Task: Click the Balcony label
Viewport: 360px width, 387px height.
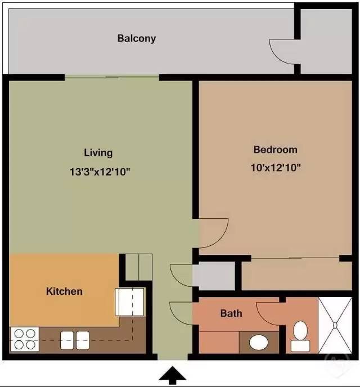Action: [x=136, y=39]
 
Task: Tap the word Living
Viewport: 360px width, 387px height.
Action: [x=98, y=152]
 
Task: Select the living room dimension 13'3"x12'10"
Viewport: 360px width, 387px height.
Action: [x=100, y=172]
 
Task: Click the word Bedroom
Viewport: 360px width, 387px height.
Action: [x=275, y=150]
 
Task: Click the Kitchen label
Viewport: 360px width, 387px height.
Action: [x=64, y=291]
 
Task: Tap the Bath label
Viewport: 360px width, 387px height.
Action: [x=231, y=313]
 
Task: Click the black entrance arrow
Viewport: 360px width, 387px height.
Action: [x=173, y=376]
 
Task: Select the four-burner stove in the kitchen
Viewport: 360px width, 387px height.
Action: [x=24, y=340]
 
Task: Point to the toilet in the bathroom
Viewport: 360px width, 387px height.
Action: [x=300, y=336]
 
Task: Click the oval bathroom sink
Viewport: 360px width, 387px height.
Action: [x=258, y=341]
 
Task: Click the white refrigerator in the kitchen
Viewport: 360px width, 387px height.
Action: [x=130, y=302]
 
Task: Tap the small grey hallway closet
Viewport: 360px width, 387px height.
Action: [x=214, y=276]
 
